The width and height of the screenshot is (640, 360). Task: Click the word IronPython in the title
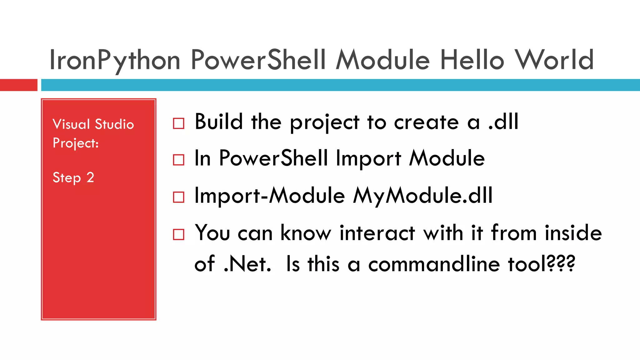click(x=115, y=60)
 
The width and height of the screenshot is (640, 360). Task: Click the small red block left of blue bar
click(x=18, y=85)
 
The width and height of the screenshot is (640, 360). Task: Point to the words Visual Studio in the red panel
click(x=93, y=124)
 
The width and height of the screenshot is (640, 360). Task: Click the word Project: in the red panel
click(x=76, y=143)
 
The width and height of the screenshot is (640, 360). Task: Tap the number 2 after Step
click(x=90, y=177)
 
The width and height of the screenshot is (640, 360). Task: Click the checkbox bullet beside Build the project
click(x=178, y=123)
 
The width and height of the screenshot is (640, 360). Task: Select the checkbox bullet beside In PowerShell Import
click(x=178, y=160)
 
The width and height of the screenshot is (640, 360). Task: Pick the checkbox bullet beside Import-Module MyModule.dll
click(x=178, y=197)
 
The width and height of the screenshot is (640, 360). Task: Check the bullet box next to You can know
click(x=178, y=234)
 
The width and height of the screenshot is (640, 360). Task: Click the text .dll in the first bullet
click(x=503, y=122)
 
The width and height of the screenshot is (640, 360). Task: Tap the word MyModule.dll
click(x=423, y=196)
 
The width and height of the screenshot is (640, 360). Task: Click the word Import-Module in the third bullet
click(x=269, y=196)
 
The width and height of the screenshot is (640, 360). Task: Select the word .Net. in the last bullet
click(x=247, y=264)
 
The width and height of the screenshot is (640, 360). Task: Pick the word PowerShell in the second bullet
click(x=273, y=158)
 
